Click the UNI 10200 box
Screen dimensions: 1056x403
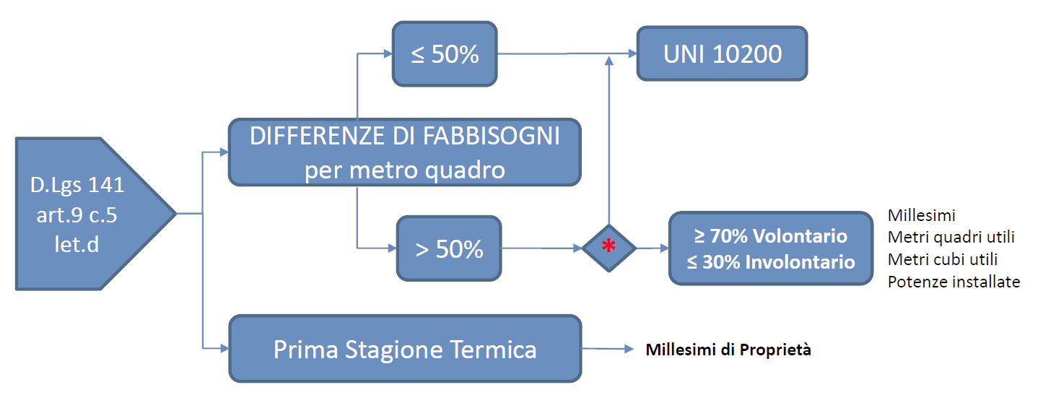click(722, 53)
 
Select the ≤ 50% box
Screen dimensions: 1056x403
click(445, 53)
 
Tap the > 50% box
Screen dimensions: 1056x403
click(449, 248)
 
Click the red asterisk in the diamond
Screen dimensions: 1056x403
click(608, 246)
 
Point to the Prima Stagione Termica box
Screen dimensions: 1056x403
click(405, 349)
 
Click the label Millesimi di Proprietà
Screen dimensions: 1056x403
click(728, 350)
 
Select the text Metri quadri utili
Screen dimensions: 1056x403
click(951, 237)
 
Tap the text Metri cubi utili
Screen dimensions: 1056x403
click(943, 259)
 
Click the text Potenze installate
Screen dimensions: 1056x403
click(954, 282)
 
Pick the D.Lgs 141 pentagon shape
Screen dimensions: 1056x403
click(90, 214)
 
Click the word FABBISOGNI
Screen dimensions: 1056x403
click(491, 136)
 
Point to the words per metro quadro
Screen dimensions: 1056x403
click(404, 170)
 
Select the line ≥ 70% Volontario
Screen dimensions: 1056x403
click(771, 236)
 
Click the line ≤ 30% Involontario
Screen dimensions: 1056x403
click(771, 262)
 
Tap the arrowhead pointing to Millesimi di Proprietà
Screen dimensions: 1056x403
click(629, 349)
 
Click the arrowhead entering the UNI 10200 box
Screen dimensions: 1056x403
click(632, 53)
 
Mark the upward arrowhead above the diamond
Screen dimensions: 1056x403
click(609, 61)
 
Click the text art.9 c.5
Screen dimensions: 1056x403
click(77, 215)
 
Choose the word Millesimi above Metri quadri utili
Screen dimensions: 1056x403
click(921, 215)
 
